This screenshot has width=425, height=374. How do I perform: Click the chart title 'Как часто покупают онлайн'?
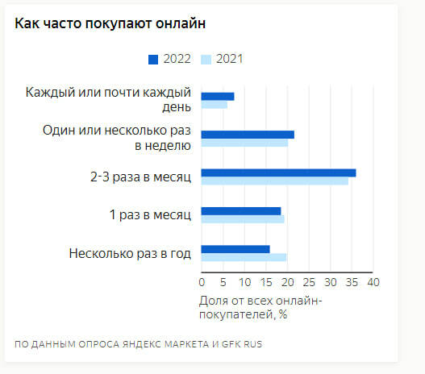(110, 23)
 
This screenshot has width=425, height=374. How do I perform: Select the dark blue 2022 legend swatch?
(153, 60)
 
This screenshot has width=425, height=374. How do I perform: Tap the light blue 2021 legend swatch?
(206, 60)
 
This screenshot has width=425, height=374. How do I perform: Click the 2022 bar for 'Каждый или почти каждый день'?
(218, 97)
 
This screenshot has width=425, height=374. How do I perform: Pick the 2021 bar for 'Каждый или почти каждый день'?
(215, 105)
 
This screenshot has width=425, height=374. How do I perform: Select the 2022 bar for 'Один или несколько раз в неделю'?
(248, 135)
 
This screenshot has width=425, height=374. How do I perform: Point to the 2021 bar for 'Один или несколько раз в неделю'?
(244, 143)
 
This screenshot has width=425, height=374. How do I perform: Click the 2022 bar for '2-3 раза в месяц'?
(278, 172)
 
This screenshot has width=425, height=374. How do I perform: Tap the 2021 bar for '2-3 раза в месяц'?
(274, 181)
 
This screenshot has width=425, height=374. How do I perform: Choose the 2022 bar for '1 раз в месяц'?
(241, 211)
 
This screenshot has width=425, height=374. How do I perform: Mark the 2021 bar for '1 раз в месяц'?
(243, 219)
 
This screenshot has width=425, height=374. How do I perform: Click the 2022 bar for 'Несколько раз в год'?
(235, 249)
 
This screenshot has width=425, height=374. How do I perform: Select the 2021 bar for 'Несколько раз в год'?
(244, 258)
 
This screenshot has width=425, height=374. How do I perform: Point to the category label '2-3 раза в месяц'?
(140, 177)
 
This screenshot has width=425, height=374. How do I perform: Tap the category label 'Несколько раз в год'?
(130, 254)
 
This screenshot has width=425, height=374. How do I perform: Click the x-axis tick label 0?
(202, 282)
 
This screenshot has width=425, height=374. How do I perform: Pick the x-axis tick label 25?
(309, 282)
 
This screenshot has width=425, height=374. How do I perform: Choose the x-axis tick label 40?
(373, 282)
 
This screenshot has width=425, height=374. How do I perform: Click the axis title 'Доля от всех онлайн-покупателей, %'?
(260, 308)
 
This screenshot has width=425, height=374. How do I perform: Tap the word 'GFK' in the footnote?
(231, 344)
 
